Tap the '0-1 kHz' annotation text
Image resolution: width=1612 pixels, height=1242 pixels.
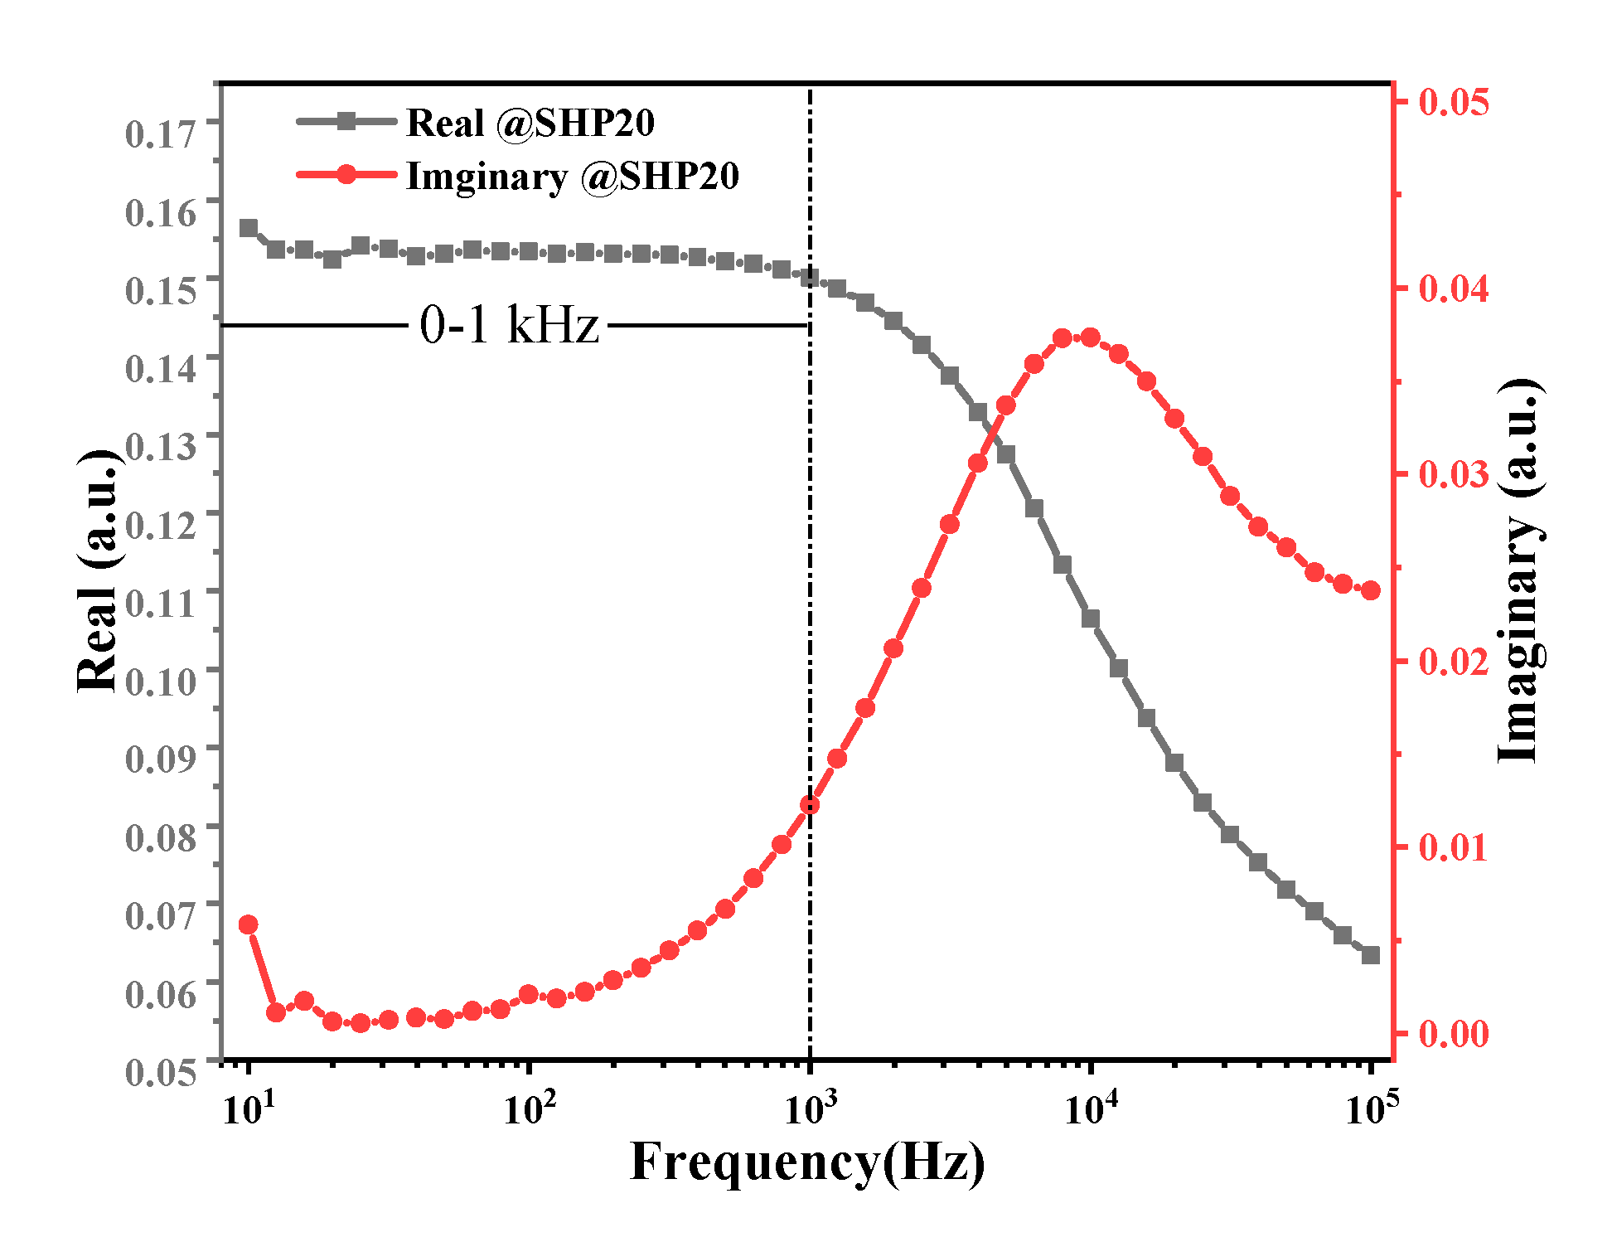(x=509, y=324)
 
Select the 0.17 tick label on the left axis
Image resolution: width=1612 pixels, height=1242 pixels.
(x=162, y=133)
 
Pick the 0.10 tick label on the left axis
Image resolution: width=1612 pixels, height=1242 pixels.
(x=162, y=682)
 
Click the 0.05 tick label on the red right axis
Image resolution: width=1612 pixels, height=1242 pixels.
(x=1454, y=101)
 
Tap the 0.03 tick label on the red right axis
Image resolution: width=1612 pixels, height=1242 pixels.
(x=1454, y=474)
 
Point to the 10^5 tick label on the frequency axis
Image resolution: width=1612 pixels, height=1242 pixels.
(x=1372, y=1108)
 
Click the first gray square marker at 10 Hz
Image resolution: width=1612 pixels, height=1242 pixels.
(x=249, y=228)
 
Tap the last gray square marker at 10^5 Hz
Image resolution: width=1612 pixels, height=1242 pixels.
(x=1371, y=955)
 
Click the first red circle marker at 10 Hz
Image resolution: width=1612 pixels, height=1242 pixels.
(x=248, y=925)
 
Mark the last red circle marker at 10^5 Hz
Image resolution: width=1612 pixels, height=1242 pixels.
(x=1371, y=590)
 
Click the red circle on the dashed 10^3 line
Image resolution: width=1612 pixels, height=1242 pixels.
(x=810, y=805)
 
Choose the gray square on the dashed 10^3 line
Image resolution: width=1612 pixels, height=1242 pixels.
(x=810, y=278)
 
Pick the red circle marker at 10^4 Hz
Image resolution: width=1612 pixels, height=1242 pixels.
(x=1091, y=337)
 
